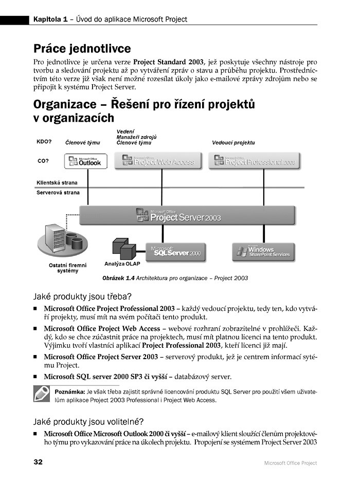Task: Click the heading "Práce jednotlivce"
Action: pyautogui.click(x=82, y=49)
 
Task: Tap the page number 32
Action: pyautogui.click(x=38, y=462)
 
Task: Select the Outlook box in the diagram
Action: pyautogui.click(x=85, y=161)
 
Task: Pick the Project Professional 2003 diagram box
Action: pyautogui.click(x=254, y=161)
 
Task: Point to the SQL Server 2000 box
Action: pyautogui.click(x=176, y=252)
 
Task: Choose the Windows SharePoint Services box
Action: pyautogui.click(x=264, y=251)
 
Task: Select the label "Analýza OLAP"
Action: pyautogui.click(x=122, y=264)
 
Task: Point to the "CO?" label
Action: pyautogui.click(x=43, y=161)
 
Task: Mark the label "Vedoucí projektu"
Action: pyautogui.click(x=233, y=142)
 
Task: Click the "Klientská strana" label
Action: pyautogui.click(x=57, y=182)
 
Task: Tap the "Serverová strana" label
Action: pyautogui.click(x=58, y=193)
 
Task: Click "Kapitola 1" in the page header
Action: pyautogui.click(x=50, y=20)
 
